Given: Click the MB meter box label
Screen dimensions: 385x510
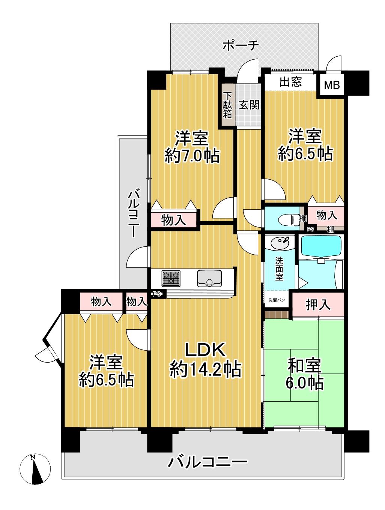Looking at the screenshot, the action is [x=332, y=85].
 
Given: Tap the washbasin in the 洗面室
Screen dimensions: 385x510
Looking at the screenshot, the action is [x=280, y=243].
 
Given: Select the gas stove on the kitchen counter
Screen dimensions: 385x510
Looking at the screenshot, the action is [x=171, y=278].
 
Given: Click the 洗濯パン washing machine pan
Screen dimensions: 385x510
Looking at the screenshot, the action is [x=277, y=300].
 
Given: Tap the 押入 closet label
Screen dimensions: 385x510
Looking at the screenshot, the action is [x=318, y=305].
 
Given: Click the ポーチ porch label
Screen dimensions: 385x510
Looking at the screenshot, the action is [x=241, y=45].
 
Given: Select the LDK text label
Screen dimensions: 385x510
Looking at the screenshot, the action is [x=205, y=349].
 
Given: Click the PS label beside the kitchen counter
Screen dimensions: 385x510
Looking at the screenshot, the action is [x=157, y=294].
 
